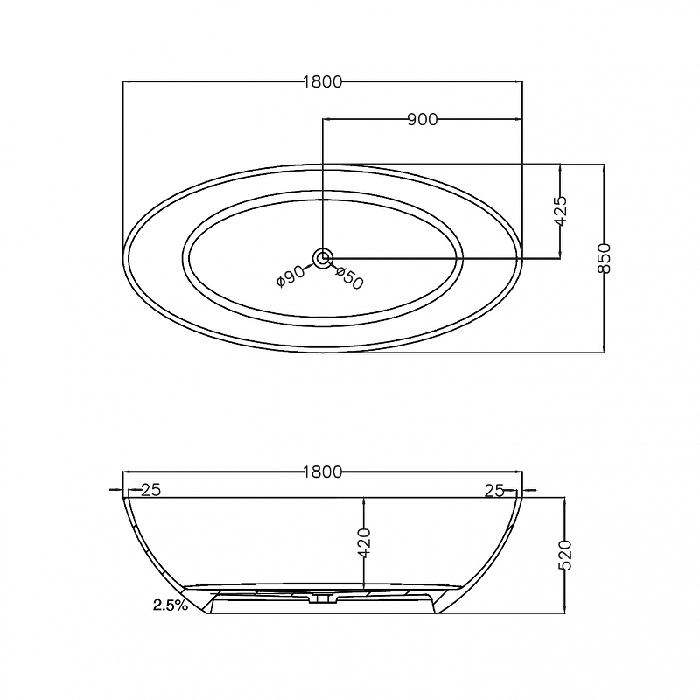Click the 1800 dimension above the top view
(322, 81)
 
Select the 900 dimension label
(423, 119)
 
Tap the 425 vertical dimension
(560, 210)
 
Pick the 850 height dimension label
(604, 258)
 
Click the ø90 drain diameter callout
(290, 276)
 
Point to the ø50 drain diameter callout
(349, 277)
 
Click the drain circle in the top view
(322, 258)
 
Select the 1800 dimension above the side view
(322, 472)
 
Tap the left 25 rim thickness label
(150, 490)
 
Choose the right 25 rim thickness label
(494, 491)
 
